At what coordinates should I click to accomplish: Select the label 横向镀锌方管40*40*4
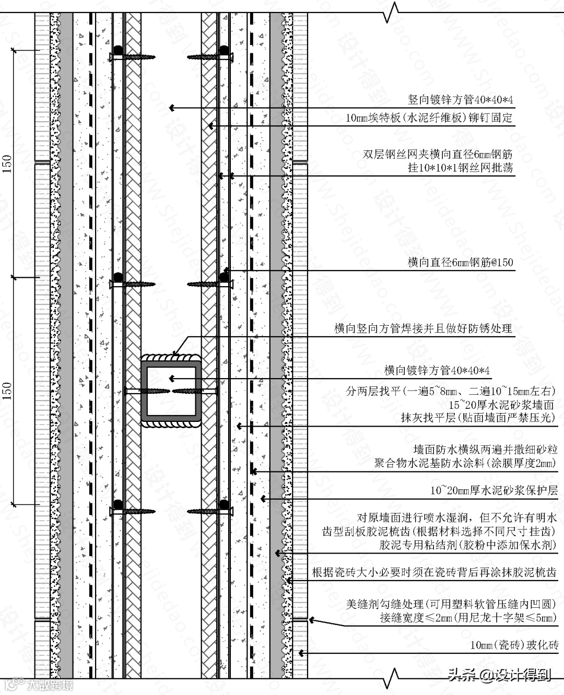click(x=437, y=371)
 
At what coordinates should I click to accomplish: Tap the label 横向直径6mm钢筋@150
click(x=460, y=263)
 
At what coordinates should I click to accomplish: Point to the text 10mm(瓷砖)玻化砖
click(x=514, y=645)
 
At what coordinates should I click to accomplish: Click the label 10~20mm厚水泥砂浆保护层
click(x=494, y=491)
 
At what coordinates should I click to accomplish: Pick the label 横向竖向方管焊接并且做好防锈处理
click(x=423, y=329)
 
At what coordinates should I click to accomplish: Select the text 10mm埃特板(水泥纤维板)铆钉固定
click(x=429, y=119)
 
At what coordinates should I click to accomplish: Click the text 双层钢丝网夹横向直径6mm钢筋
click(x=438, y=155)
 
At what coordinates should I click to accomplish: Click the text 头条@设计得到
click(x=499, y=676)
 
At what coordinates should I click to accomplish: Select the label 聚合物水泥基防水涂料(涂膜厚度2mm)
click(x=465, y=463)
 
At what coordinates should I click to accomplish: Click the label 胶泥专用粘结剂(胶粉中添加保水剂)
click(x=467, y=545)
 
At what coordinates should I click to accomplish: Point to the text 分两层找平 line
click(x=450, y=391)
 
